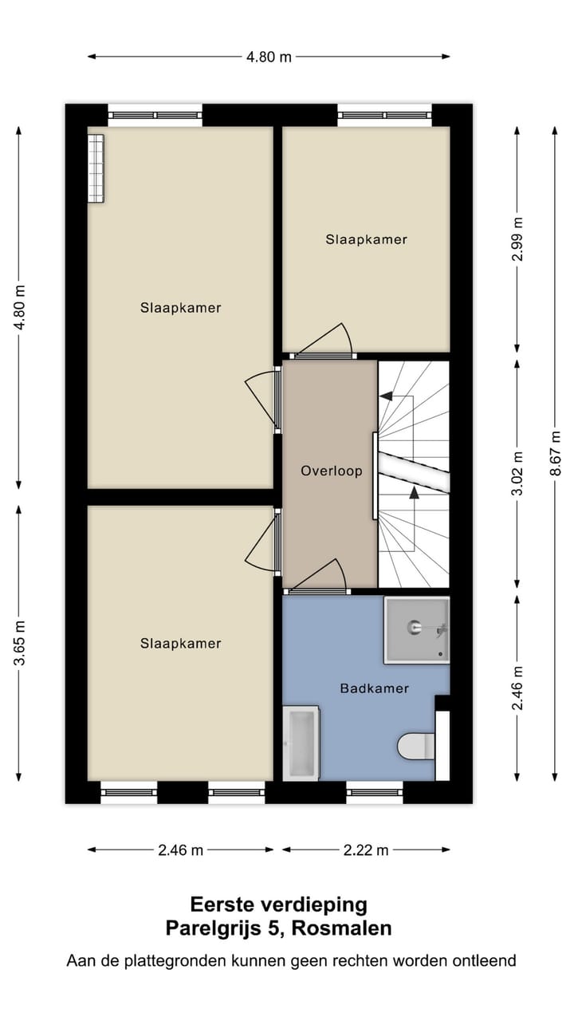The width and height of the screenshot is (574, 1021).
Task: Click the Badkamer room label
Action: (x=374, y=688)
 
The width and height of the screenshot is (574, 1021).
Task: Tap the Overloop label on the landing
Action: (x=331, y=471)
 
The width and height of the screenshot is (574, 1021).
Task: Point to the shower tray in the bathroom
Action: (x=416, y=629)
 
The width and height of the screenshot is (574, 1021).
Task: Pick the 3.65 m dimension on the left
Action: (x=19, y=637)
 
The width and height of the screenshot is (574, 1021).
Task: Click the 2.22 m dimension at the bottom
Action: (x=366, y=850)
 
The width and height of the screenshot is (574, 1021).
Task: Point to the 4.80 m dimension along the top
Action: (x=269, y=57)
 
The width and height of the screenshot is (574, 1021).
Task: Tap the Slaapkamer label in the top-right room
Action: (x=366, y=239)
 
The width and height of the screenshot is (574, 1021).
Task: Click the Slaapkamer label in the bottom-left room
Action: (x=180, y=643)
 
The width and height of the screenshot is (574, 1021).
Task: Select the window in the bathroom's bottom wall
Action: (x=375, y=792)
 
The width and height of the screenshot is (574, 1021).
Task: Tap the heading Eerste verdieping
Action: (x=278, y=905)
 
